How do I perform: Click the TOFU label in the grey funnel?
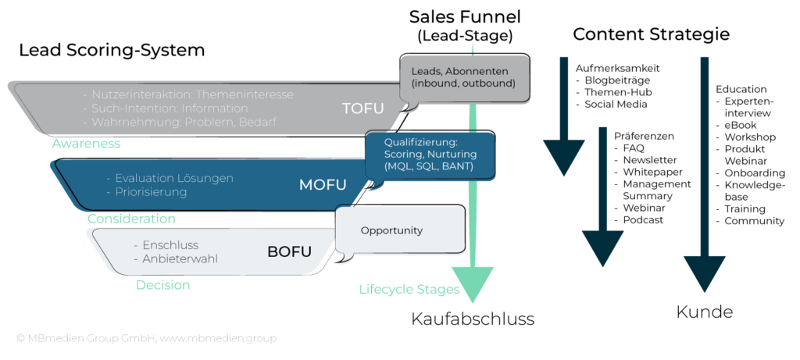pyautogui.click(x=363, y=109)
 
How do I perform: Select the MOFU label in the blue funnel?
pyautogui.click(x=323, y=185)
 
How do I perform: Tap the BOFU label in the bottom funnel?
pyautogui.click(x=289, y=251)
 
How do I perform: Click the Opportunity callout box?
pyautogui.click(x=391, y=230)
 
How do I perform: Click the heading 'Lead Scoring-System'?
pyautogui.click(x=112, y=51)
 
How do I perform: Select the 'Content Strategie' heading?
pyautogui.click(x=651, y=34)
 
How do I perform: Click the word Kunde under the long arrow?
pyautogui.click(x=705, y=312)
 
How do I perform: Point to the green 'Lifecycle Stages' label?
pyautogui.click(x=409, y=290)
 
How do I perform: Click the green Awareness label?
pyautogui.click(x=86, y=144)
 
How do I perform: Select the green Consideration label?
pyautogui.click(x=131, y=219)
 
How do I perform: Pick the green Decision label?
pyautogui.click(x=162, y=285)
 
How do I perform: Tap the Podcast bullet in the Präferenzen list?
pyautogui.click(x=643, y=220)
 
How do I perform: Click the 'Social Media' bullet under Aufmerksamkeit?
pyautogui.click(x=616, y=104)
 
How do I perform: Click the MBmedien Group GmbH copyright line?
pyautogui.click(x=146, y=338)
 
